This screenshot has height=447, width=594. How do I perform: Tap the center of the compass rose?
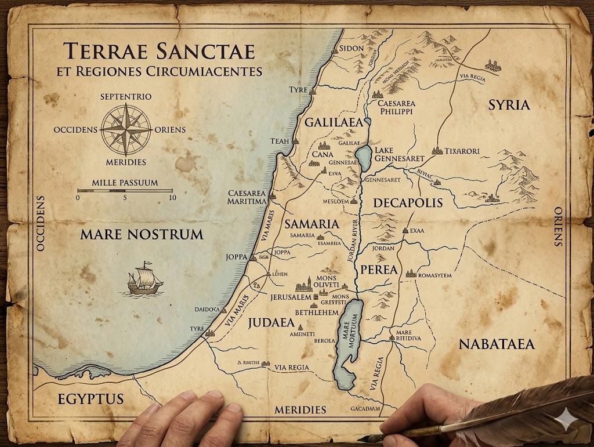point(126,129)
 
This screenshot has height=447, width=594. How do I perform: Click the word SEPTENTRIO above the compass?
point(126,96)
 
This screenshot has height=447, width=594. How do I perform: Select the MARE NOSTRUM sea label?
point(142,235)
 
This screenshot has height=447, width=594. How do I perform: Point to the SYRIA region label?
point(509,105)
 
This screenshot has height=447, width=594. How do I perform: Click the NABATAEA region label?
point(497,344)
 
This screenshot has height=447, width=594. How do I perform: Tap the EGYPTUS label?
point(90,399)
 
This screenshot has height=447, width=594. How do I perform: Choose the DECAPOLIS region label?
point(408,203)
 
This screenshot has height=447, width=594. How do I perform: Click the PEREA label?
point(379,270)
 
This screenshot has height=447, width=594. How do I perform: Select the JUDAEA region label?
point(271,323)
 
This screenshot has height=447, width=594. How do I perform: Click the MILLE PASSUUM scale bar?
point(125,190)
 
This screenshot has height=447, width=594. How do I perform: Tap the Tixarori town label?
point(462,151)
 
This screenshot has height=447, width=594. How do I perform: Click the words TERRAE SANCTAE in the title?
point(159,51)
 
